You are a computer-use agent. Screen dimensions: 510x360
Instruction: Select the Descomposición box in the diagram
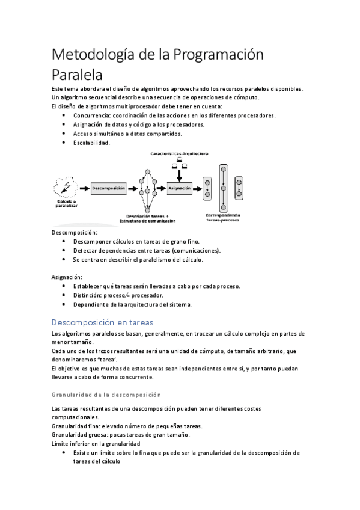click(x=109, y=188)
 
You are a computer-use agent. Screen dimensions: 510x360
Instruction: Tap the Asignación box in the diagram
click(x=180, y=188)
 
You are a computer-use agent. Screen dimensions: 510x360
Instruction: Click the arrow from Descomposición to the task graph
click(x=132, y=188)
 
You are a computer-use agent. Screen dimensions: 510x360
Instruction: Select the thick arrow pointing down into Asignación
click(x=179, y=173)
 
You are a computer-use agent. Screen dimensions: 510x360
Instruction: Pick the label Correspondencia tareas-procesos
click(x=223, y=218)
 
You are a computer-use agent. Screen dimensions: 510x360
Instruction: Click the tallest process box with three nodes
click(x=223, y=188)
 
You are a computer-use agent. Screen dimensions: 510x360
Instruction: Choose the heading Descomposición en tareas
click(x=103, y=322)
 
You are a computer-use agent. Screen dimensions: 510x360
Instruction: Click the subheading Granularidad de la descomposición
click(x=107, y=395)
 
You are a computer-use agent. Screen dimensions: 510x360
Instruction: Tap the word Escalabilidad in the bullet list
click(x=91, y=143)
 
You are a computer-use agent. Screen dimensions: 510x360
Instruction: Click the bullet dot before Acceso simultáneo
click(x=64, y=134)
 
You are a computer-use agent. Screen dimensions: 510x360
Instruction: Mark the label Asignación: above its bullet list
click(x=67, y=277)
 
